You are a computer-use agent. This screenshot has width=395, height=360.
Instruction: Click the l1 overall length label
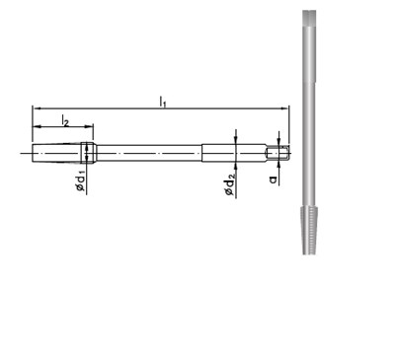coord(162,100)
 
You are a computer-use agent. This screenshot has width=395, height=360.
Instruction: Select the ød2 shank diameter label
coord(229,182)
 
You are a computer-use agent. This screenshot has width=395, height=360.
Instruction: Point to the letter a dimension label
coord(272,178)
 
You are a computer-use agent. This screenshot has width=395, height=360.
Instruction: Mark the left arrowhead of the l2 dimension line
coord(37,126)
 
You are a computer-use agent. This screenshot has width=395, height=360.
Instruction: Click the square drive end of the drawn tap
coord(281,152)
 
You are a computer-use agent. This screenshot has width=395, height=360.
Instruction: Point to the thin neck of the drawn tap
coord(148,152)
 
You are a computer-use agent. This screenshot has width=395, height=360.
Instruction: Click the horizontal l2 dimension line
coord(63,126)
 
